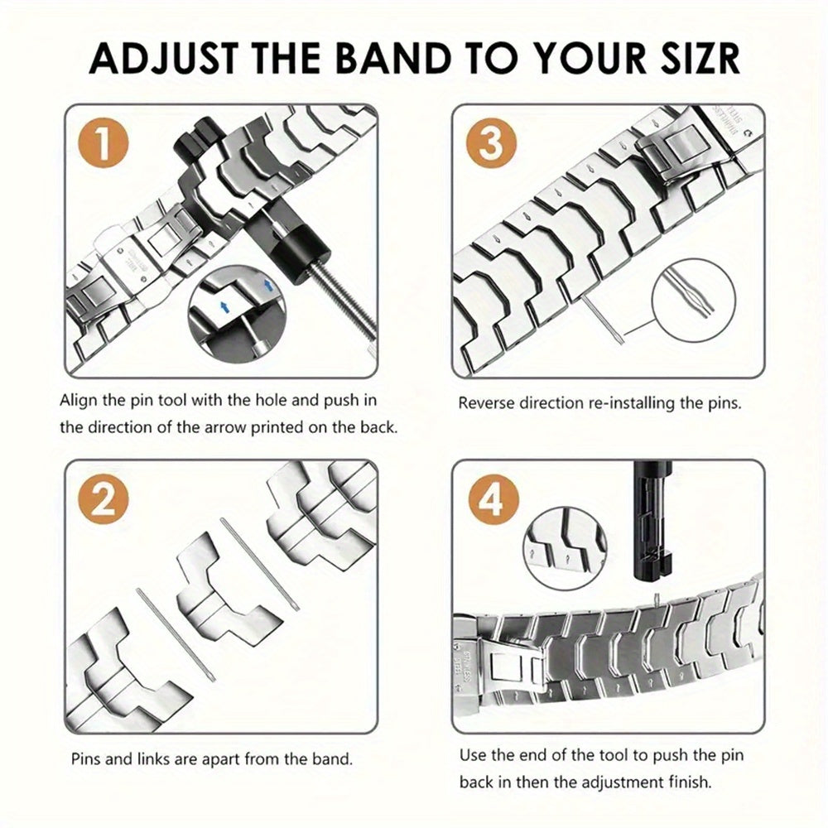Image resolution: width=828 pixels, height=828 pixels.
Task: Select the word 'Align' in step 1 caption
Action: [x=81, y=401]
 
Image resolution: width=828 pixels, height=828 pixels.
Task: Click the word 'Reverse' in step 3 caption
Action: [x=487, y=404]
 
